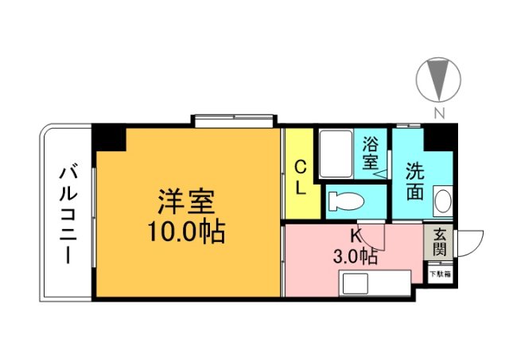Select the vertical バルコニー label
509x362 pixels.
(67, 213)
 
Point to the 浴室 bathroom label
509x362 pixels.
(371, 154)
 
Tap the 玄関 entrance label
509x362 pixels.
(440, 242)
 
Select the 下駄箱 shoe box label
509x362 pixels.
(440, 274)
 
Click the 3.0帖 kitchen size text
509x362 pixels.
(355, 256)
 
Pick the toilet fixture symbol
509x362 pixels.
(346, 200)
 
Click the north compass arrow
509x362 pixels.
(438, 80)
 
